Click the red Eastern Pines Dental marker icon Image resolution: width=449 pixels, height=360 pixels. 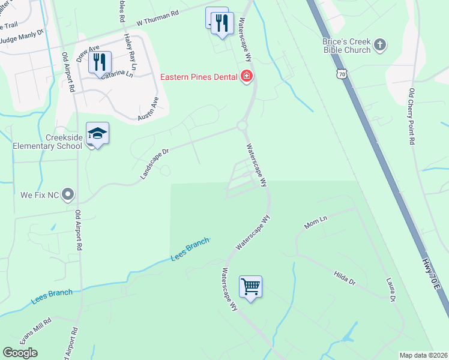point(246,76)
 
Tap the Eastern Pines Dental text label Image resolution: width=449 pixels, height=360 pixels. point(200,77)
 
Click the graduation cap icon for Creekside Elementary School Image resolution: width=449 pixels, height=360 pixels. point(97,133)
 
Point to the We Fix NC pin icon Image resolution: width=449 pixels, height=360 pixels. point(68,194)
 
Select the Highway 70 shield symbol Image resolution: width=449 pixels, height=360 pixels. point(342,74)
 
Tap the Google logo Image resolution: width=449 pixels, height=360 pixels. point(20,353)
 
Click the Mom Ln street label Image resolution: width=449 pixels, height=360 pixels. point(315,224)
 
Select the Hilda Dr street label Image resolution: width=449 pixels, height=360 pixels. point(345,277)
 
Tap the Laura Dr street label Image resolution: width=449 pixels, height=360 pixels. point(391,289)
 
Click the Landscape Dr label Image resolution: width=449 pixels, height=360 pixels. point(155,164)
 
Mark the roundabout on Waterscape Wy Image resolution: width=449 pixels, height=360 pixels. point(242,125)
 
